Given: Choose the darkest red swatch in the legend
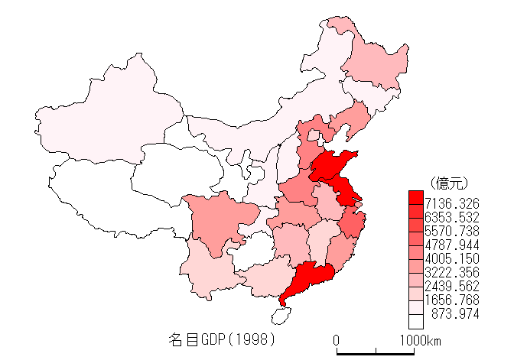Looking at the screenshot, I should [x=416, y=196].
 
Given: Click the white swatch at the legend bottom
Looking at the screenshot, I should [x=416, y=321].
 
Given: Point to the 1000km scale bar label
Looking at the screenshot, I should [x=418, y=339].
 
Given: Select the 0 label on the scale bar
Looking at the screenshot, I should [x=337, y=339].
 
